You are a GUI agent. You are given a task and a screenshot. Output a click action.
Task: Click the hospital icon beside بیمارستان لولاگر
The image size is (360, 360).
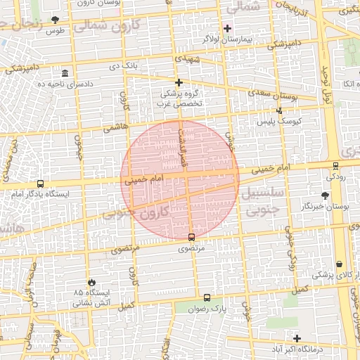pos(227,28)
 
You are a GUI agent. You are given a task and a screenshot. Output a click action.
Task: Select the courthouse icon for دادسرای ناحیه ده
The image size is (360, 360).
pos(65,74)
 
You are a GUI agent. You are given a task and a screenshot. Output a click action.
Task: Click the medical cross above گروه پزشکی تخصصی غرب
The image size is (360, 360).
pos(179,82)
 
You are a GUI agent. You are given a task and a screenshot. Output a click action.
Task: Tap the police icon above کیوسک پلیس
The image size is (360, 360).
pos(280,110)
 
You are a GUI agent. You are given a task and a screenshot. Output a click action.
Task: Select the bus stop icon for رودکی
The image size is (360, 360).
pos(335,167)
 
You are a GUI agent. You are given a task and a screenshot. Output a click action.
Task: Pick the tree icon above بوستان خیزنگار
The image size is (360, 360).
pos(324,195)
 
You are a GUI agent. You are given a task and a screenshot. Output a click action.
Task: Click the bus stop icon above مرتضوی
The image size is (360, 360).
pos(192,237)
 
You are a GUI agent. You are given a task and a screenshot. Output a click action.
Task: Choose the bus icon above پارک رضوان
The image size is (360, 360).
pos(206,297)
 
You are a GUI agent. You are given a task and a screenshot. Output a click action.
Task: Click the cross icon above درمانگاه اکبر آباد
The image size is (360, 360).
pos(297,338)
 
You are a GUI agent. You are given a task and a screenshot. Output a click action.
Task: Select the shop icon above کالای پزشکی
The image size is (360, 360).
pos(340,264)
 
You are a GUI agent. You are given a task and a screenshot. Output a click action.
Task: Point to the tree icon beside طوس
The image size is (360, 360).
pos(56,20)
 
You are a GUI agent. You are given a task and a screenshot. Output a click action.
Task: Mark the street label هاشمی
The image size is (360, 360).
pos(112,129)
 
